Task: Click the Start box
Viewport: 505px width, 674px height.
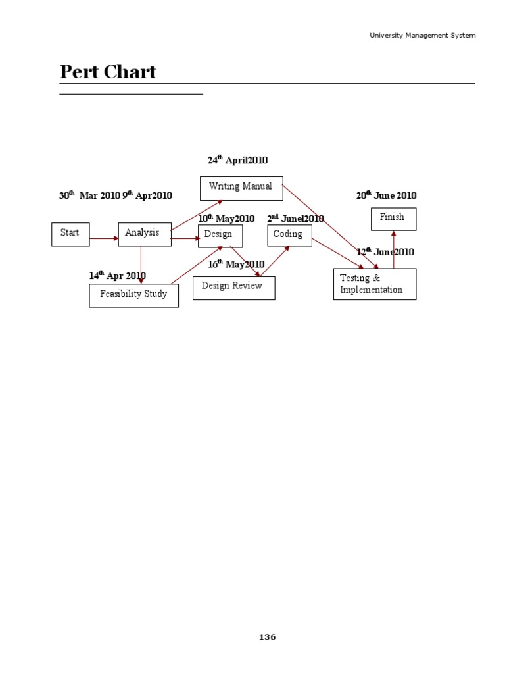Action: coord(70,234)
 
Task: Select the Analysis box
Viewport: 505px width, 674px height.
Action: coord(144,233)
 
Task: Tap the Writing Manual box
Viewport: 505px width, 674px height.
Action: coord(241,188)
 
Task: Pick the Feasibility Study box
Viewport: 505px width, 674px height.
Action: coord(133,295)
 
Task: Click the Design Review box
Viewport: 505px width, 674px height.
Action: coord(233,288)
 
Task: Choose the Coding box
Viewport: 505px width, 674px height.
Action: coord(289,235)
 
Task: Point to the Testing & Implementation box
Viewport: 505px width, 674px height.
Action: coord(374,284)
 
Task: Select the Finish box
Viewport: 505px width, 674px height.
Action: coord(393,219)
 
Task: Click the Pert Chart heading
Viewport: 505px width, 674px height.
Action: coord(108,72)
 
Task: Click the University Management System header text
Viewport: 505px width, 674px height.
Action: coord(422,35)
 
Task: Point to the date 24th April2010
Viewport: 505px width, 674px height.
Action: coord(237,161)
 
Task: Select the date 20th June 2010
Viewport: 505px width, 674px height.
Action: coord(386,195)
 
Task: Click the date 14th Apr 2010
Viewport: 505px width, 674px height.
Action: coord(118,276)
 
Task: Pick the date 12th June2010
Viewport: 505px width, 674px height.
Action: coord(385,252)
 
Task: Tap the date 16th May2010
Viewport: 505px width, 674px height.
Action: coord(236,265)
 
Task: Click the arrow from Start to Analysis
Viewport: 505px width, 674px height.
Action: coord(104,238)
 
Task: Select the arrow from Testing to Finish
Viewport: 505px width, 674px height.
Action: coord(394,249)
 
